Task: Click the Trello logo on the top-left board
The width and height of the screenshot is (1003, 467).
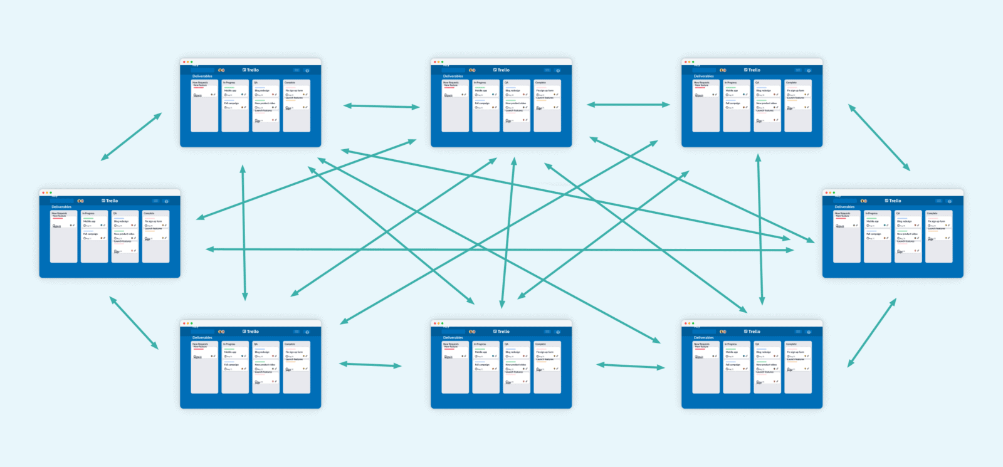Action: [x=251, y=70]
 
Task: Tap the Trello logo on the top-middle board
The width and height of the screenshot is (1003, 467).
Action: [x=501, y=70]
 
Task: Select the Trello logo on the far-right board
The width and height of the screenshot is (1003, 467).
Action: [x=893, y=201]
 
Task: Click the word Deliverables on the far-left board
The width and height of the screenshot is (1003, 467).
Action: [x=61, y=207]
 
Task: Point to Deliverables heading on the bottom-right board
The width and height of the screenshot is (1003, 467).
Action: [x=703, y=338]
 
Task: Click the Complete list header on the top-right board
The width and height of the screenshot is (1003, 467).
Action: [x=792, y=83]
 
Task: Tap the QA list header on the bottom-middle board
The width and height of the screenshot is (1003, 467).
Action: [x=507, y=344]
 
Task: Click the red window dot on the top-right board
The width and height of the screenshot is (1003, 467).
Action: [x=685, y=62]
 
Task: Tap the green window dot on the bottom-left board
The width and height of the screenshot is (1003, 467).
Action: [x=191, y=323]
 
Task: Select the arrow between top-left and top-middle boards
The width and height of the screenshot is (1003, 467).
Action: [x=381, y=106]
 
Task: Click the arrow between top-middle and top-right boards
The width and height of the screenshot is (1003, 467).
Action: [x=628, y=105]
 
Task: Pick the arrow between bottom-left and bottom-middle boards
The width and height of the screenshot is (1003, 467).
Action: [x=370, y=364]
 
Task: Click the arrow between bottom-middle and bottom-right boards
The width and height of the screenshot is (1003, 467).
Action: [x=630, y=366]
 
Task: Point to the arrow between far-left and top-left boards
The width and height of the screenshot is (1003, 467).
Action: [x=131, y=137]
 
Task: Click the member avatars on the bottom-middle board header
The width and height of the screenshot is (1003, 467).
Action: [x=472, y=332]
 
